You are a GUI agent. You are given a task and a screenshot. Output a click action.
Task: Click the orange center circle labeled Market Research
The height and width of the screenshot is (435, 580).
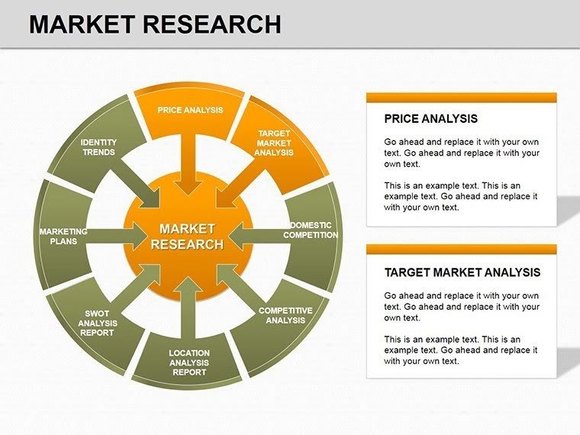click(188, 237)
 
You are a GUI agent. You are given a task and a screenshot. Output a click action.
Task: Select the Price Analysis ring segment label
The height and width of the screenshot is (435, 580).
click(190, 110)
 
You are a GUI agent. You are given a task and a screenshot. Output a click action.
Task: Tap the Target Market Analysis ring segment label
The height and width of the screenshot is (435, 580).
click(273, 143)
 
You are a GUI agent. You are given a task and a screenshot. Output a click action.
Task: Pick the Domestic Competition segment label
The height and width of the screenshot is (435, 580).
click(311, 230)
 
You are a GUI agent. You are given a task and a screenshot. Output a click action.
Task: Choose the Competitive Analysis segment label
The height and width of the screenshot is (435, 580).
click(285, 315)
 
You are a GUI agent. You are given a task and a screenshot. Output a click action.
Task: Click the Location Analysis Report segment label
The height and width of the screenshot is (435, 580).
click(188, 362)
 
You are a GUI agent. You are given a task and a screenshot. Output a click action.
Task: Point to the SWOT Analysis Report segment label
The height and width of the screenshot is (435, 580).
click(97, 323)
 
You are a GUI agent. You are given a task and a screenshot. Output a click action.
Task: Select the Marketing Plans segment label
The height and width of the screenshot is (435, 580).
click(63, 236)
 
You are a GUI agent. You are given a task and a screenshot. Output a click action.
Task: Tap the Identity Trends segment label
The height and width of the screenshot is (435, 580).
click(98, 147)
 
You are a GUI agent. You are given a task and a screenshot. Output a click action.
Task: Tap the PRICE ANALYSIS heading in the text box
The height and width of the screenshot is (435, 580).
click(430, 119)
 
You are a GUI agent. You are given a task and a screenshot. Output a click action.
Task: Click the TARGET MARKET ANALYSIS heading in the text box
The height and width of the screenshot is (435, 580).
click(462, 272)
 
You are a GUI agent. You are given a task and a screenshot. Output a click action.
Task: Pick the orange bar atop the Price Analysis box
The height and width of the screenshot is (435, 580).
click(461, 97)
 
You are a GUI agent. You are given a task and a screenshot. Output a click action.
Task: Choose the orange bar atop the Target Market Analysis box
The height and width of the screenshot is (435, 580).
click(461, 249)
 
